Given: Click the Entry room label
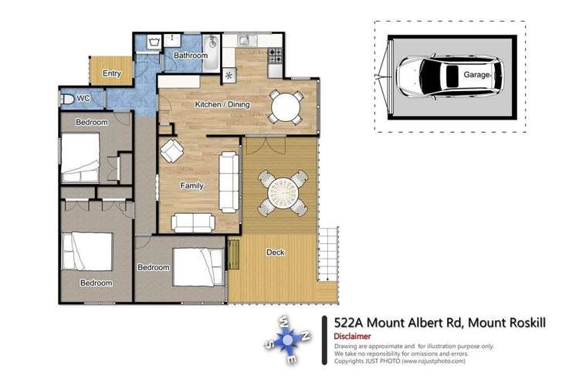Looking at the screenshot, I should (x=111, y=74).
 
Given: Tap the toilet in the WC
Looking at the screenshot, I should (x=68, y=99).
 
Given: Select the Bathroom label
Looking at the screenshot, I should (x=190, y=56).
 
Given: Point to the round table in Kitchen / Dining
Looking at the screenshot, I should (x=286, y=106).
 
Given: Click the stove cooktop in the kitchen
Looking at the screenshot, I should (x=275, y=56).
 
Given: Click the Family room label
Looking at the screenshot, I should (x=191, y=186).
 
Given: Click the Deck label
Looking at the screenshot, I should (x=275, y=252).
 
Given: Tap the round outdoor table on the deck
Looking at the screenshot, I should (x=279, y=192).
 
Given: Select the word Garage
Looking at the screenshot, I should (x=477, y=76).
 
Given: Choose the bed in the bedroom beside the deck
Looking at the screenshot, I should (x=198, y=266).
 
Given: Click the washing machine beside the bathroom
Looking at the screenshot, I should (x=147, y=42).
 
